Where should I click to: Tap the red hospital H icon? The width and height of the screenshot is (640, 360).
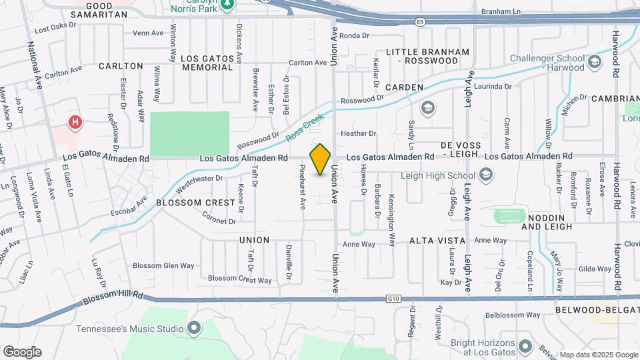[76, 123]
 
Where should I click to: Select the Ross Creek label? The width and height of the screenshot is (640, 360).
[305, 127]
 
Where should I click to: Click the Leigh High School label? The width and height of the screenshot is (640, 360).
[438, 175]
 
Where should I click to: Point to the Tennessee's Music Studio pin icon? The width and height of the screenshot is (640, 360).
[194, 328]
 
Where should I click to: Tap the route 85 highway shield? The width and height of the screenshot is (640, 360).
[418, 23]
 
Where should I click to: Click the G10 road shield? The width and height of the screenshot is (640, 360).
[392, 299]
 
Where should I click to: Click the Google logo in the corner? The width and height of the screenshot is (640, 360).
[21, 352]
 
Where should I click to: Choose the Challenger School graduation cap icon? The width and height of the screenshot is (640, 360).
[595, 62]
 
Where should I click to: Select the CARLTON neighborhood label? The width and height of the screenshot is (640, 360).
[121, 66]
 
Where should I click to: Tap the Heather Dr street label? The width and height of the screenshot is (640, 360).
[359, 133]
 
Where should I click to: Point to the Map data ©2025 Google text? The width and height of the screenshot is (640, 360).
[598, 355]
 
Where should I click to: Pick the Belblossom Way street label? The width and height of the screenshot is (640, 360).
[512, 315]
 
